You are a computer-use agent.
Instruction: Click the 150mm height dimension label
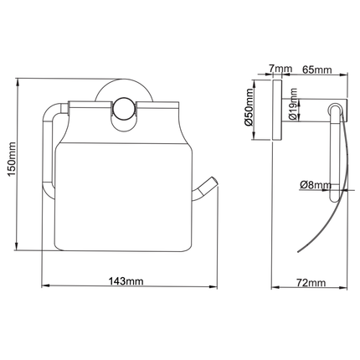click(x=12, y=159)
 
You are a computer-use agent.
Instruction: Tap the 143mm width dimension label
click(x=126, y=281)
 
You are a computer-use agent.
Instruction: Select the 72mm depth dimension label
click(x=311, y=283)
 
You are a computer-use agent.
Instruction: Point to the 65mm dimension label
click(x=317, y=69)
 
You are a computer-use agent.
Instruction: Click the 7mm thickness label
click(x=280, y=69)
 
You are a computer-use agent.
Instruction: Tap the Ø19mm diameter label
click(x=293, y=104)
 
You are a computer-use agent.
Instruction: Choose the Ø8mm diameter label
click(x=316, y=185)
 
